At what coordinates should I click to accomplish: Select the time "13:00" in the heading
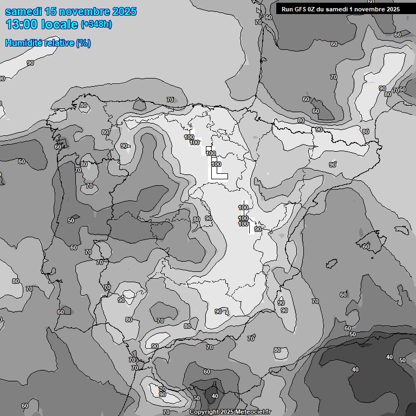(20, 24)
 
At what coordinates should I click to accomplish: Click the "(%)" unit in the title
(83, 43)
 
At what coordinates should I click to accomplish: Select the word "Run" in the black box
(288, 9)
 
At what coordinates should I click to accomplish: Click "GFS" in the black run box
(301, 9)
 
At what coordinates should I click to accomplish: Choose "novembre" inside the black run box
(373, 9)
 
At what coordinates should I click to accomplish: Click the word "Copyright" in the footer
(203, 412)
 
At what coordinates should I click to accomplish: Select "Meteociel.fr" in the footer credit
(253, 412)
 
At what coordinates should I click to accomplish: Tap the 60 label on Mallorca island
(366, 246)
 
